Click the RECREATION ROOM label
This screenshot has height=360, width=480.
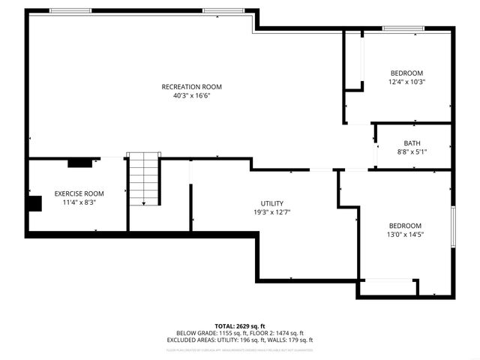tap(192, 87)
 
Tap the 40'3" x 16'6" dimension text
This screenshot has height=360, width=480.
tap(192, 96)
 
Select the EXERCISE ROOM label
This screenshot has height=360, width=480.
tap(79, 193)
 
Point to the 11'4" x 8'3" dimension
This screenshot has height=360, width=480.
tap(79, 202)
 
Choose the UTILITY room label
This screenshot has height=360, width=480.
tap(271, 204)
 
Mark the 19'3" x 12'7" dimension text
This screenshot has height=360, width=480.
tap(271, 213)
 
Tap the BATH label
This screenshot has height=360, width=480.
tap(412, 143)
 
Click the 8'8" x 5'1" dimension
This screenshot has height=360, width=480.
tap(412, 152)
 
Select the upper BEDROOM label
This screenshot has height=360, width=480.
tap(406, 73)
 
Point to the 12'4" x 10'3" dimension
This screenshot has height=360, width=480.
tap(406, 82)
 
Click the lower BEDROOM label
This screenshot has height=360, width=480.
tap(404, 226)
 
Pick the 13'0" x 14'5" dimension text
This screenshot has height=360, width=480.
tap(404, 235)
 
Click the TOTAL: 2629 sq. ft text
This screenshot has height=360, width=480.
tap(240, 326)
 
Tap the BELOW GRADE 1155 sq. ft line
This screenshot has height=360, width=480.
tap(240, 333)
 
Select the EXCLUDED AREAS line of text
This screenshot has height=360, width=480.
tap(240, 340)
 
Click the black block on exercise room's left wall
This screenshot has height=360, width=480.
tap(34, 205)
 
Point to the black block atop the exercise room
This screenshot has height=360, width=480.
tap(79, 161)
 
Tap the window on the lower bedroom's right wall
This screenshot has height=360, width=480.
tap(453, 226)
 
